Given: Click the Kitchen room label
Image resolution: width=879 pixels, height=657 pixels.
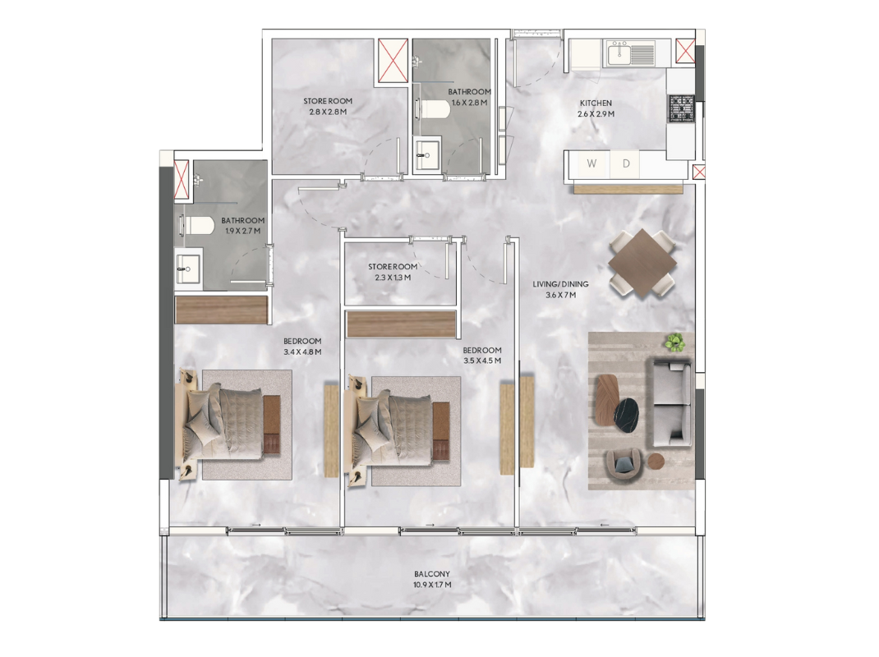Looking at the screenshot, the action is [x=596, y=103].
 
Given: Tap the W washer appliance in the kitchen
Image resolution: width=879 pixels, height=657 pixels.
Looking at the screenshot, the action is [x=591, y=163].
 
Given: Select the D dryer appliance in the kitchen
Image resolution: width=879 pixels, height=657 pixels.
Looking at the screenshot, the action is [x=626, y=163].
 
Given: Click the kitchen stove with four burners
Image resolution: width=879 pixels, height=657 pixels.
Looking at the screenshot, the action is [x=681, y=108].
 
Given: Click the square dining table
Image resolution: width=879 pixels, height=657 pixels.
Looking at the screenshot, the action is [x=642, y=262].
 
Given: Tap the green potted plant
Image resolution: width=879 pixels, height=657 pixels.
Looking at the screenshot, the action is [x=675, y=342].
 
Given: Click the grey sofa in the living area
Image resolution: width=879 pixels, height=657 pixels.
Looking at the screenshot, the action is [x=670, y=403].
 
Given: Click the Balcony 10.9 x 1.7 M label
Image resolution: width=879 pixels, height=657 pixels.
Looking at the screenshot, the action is [x=432, y=579].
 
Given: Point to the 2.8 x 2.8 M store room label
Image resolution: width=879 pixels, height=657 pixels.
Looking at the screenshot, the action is [x=328, y=112].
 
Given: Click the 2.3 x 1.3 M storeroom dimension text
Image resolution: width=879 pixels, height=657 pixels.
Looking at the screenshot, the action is [x=393, y=278].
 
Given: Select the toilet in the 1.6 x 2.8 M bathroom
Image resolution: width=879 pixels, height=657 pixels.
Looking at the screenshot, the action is [x=434, y=109].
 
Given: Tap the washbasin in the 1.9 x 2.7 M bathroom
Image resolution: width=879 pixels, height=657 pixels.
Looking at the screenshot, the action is [x=188, y=269].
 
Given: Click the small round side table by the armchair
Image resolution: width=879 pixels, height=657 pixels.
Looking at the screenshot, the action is [x=656, y=461].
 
